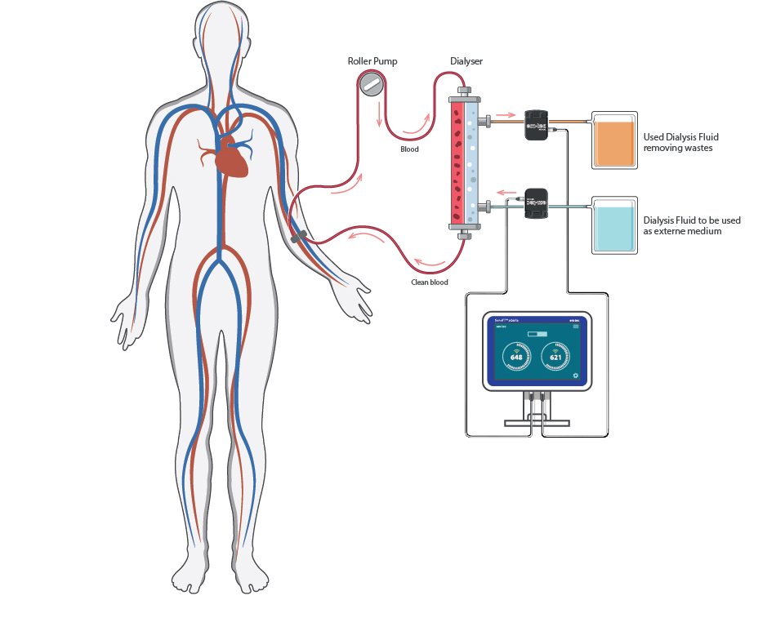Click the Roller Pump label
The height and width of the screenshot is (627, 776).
[372, 62]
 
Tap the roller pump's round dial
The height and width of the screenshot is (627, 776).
[372, 83]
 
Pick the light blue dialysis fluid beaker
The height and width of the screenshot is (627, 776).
[613, 226]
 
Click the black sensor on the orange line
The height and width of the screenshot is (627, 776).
[536, 125]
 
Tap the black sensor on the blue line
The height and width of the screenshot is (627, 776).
[536, 204]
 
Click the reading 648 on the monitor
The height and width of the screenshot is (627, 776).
[516, 358]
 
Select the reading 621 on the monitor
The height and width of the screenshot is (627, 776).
[555, 358]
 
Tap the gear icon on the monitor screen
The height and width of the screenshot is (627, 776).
[576, 376]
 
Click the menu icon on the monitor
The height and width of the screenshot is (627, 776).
[575, 327]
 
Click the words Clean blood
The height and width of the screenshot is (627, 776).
[429, 282]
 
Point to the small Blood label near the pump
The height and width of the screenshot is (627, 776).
[409, 149]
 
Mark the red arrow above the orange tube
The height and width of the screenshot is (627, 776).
[506, 114]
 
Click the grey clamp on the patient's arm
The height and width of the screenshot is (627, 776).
[298, 238]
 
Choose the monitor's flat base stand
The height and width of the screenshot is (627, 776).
[536, 422]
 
